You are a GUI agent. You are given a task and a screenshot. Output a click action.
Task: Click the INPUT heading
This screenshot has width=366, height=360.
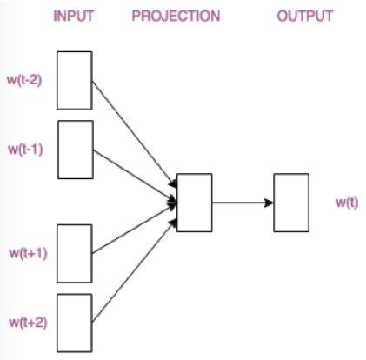coord(74,17)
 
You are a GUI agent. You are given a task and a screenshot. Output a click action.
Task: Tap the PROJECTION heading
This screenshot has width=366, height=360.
coord(176,17)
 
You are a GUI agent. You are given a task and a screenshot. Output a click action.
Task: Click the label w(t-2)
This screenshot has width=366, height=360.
coord(25,81)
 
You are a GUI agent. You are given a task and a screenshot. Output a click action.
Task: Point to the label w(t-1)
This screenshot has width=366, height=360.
coord(25,149)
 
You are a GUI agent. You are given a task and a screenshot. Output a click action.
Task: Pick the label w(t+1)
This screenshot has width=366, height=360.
coord(26,253)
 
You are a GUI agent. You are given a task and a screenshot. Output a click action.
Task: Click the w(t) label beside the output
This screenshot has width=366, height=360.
coord(348,203)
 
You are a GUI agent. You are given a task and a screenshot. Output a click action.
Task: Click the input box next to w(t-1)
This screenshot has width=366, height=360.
coord(75,149)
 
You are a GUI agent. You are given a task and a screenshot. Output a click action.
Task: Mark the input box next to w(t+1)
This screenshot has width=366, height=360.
coord(75,253)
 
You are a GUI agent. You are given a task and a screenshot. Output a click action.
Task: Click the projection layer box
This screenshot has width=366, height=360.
coord(194,203)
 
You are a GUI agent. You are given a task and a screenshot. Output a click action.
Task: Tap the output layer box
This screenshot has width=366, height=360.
coord(291,203)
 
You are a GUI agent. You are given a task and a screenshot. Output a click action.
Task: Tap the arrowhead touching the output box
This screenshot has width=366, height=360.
coord(269,203)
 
